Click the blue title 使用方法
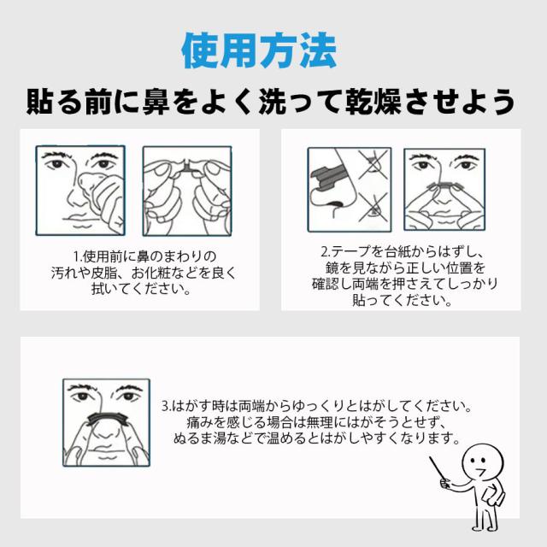click(259, 50)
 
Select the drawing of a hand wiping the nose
click(80, 191)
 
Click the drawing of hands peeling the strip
click(187, 191)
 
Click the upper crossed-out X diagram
click(373, 165)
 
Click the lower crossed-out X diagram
click(373, 209)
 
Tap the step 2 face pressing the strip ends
click(444, 190)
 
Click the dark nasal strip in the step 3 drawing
click(106, 417)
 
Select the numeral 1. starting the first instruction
click(78, 256)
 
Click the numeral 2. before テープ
click(326, 250)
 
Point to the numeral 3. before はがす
click(167, 406)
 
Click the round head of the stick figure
click(482, 462)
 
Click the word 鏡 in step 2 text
click(332, 268)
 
